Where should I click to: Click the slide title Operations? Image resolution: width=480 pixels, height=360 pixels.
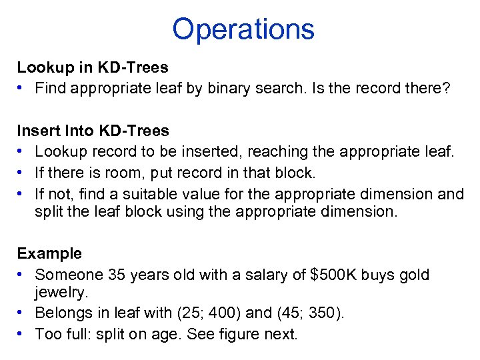point(243,29)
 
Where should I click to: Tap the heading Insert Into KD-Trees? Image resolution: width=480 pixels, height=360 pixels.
point(93,131)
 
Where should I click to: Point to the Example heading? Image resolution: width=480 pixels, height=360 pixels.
point(49,253)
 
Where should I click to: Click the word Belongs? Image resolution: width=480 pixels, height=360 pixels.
point(63,313)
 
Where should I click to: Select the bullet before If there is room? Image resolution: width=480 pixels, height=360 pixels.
point(22,173)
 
